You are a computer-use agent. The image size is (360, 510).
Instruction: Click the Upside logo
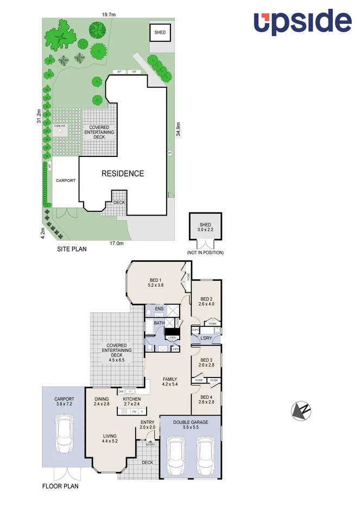pos(302,22)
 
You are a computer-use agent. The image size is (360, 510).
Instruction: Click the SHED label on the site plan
pos(160,33)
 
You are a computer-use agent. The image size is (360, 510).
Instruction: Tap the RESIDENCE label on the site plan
pos(123,174)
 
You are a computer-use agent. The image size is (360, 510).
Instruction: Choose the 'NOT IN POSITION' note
pos(205,253)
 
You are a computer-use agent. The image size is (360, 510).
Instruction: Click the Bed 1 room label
pos(156,282)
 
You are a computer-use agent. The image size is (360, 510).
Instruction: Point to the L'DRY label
pos(205,339)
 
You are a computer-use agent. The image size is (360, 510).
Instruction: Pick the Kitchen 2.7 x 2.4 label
pos(132,401)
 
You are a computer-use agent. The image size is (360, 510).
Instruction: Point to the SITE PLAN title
pos(72,250)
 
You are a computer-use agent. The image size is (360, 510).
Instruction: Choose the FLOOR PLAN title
pos(60,486)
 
